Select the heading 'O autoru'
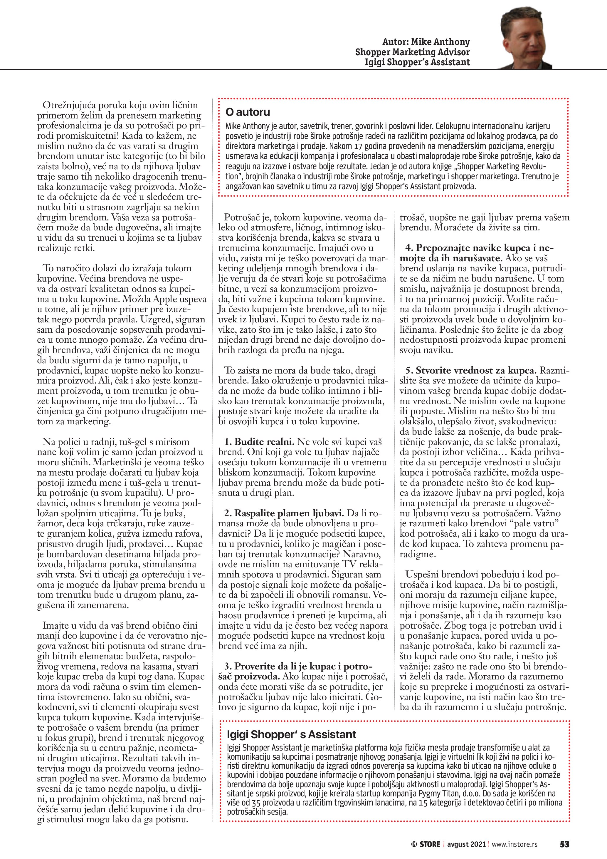tap(248, 112)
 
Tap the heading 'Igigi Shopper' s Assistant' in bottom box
tap(292, 734)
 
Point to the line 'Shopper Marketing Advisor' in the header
tap(412, 52)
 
